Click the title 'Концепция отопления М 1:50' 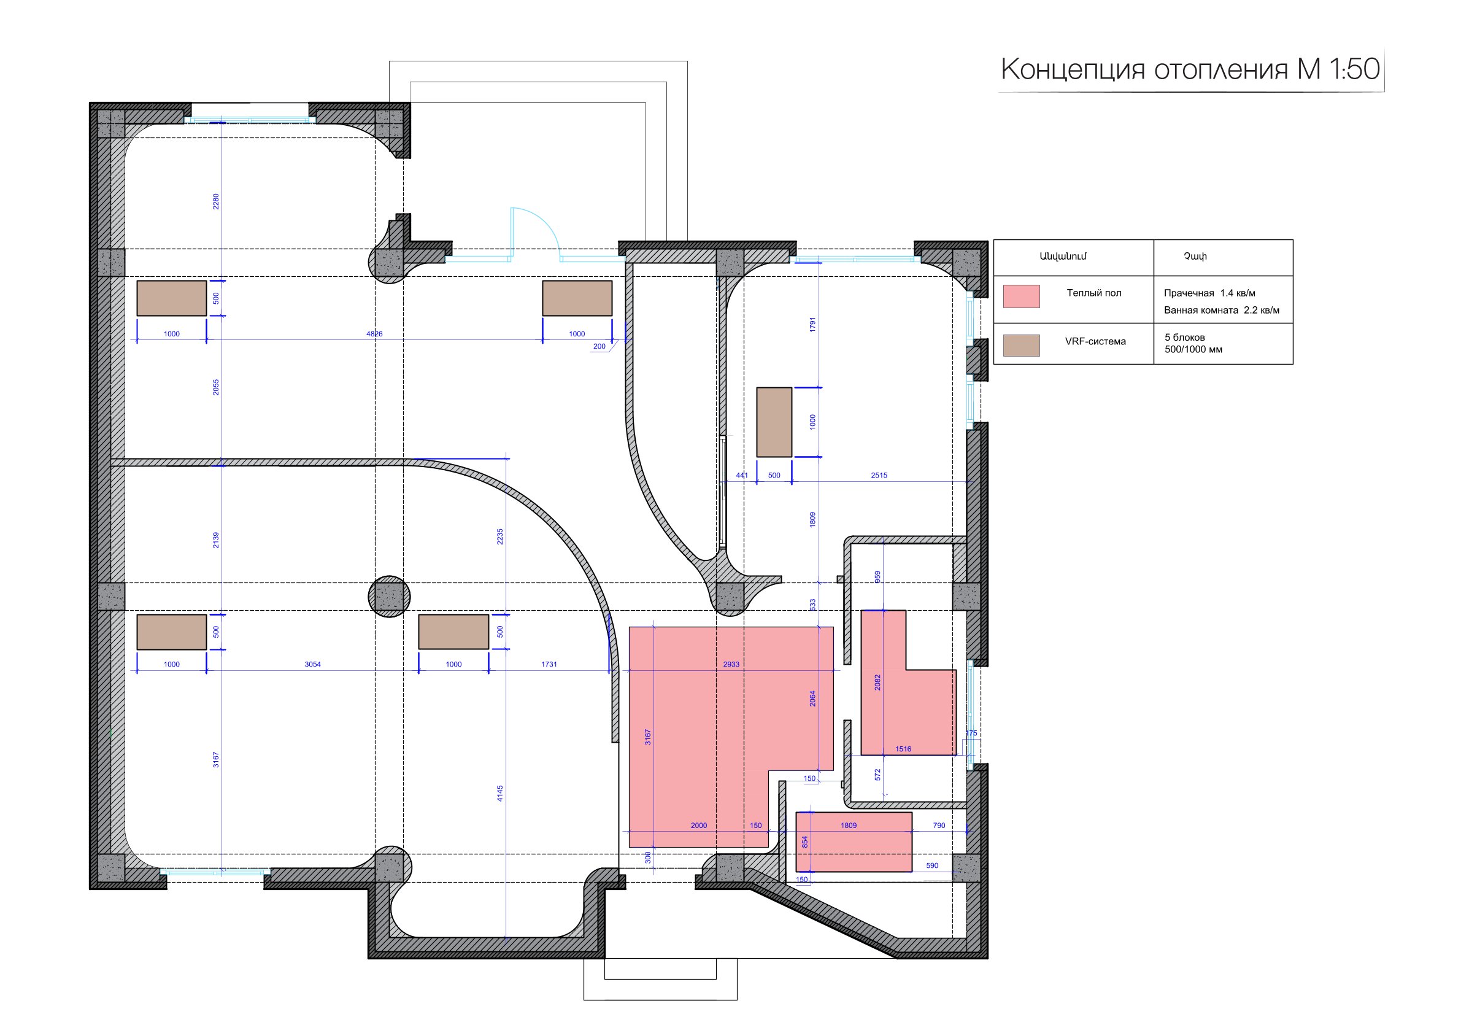pyautogui.click(x=1190, y=69)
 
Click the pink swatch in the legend pyautogui.click(x=1021, y=296)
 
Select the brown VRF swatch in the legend pyautogui.click(x=1021, y=346)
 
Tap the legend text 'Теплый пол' pyautogui.click(x=1094, y=293)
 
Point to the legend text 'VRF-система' pyautogui.click(x=1095, y=341)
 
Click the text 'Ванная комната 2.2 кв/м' pyautogui.click(x=1221, y=311)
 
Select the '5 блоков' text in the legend pyautogui.click(x=1184, y=338)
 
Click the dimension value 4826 pyautogui.click(x=374, y=334)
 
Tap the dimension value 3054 pyautogui.click(x=312, y=665)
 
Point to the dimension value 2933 pyautogui.click(x=731, y=665)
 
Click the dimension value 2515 pyautogui.click(x=879, y=476)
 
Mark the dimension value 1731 pyautogui.click(x=549, y=665)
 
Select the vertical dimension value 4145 pyautogui.click(x=500, y=793)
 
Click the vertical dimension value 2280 pyautogui.click(x=216, y=202)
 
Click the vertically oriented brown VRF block pyautogui.click(x=774, y=422)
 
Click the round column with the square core pyautogui.click(x=390, y=597)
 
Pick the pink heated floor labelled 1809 pyautogui.click(x=854, y=841)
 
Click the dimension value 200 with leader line pyautogui.click(x=599, y=347)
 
